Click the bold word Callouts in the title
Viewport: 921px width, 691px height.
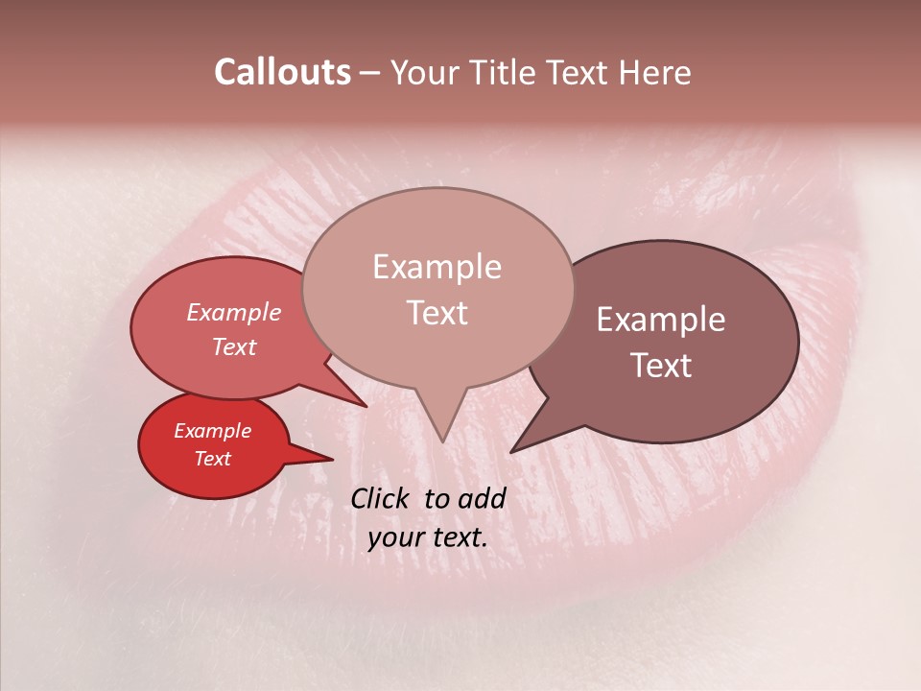point(282,72)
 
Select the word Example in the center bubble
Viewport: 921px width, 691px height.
point(437,267)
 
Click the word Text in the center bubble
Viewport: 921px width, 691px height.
point(437,313)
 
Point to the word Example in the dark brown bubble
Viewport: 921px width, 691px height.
point(661,320)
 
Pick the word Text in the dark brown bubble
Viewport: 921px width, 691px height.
point(661,366)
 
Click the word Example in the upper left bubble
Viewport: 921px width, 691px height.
point(233,313)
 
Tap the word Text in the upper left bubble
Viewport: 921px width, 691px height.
point(233,346)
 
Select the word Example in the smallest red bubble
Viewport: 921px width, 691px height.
point(212,431)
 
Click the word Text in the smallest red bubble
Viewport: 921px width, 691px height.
point(212,459)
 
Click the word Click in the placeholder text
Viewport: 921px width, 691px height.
point(382,498)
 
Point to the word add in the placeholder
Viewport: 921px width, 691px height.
point(482,498)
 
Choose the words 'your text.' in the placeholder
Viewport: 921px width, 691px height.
point(427,537)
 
